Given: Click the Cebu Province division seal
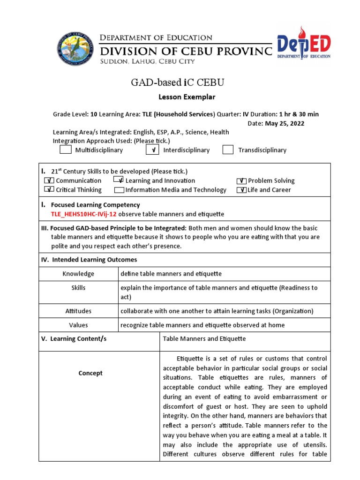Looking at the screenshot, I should [75, 49].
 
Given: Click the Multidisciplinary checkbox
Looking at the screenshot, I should [66, 150].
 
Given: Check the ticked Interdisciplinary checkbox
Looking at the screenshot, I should [152, 150].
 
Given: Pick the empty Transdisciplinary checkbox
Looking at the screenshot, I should [228, 150].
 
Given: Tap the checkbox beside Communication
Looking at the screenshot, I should [49, 180].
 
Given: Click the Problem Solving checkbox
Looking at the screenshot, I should [241, 180].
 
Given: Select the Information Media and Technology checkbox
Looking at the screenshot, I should [119, 190].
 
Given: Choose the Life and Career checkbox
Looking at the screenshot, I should [241, 190].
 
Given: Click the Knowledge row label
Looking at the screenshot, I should [78, 274].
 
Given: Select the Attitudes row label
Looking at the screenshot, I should [78, 311].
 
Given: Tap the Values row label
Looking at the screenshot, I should [78, 325].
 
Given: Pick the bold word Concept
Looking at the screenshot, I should [90, 373].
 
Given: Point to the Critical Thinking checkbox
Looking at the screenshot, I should [49, 190].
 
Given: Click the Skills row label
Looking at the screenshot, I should [78, 288].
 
